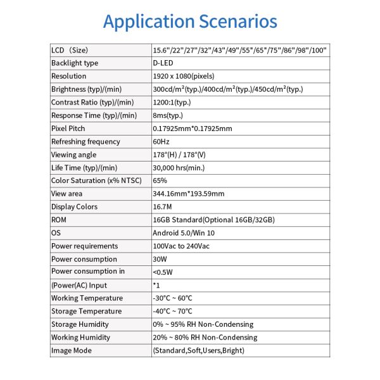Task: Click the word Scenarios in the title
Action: (x=237, y=21)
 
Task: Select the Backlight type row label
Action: (x=75, y=63)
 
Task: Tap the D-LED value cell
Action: (x=163, y=63)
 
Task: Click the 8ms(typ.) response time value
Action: (x=169, y=115)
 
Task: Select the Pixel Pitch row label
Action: (x=68, y=129)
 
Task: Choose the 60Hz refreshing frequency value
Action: (x=161, y=141)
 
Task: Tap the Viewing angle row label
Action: (x=73, y=155)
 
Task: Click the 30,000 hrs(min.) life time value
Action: (x=180, y=168)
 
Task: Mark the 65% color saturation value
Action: (x=160, y=180)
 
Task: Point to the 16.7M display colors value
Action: (x=163, y=206)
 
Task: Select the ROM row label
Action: (x=59, y=220)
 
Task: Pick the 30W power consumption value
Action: (x=160, y=259)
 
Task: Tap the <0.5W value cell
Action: (x=163, y=272)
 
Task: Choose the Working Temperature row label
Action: (x=87, y=298)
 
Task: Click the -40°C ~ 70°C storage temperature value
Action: (x=173, y=311)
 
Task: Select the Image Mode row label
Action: (x=71, y=350)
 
